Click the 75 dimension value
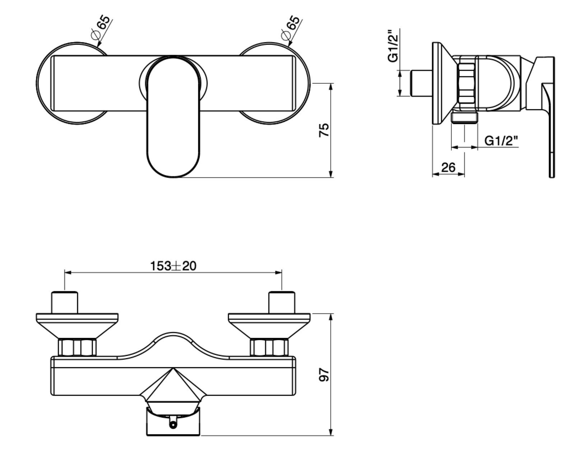point(324,130)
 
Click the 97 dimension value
point(324,375)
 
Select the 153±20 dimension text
point(173,266)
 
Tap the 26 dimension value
point(448,167)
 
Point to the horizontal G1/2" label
point(501,141)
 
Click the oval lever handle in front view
point(173,119)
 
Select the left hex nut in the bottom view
point(77,347)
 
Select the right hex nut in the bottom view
point(269,347)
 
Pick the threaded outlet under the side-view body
point(464,117)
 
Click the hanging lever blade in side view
point(550,137)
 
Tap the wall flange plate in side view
point(437,83)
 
